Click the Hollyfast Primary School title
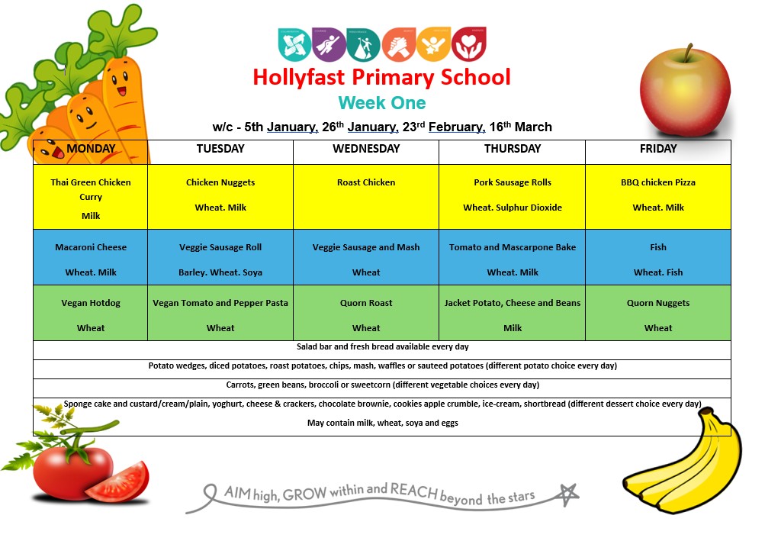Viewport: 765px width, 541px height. (x=381, y=78)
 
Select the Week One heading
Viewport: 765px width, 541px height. (x=381, y=103)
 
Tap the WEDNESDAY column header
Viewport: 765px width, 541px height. (x=366, y=149)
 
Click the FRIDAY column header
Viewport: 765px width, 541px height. (x=658, y=149)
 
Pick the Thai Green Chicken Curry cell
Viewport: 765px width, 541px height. (x=91, y=197)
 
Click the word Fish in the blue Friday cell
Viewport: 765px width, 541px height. (x=658, y=247)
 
